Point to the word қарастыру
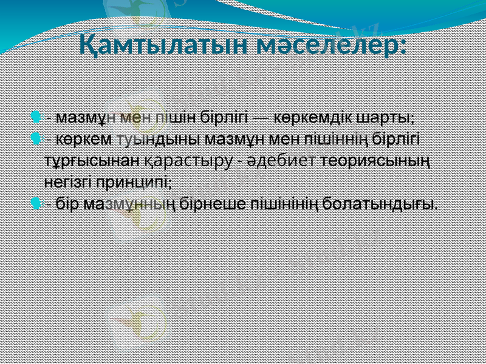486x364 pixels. (190, 160)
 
